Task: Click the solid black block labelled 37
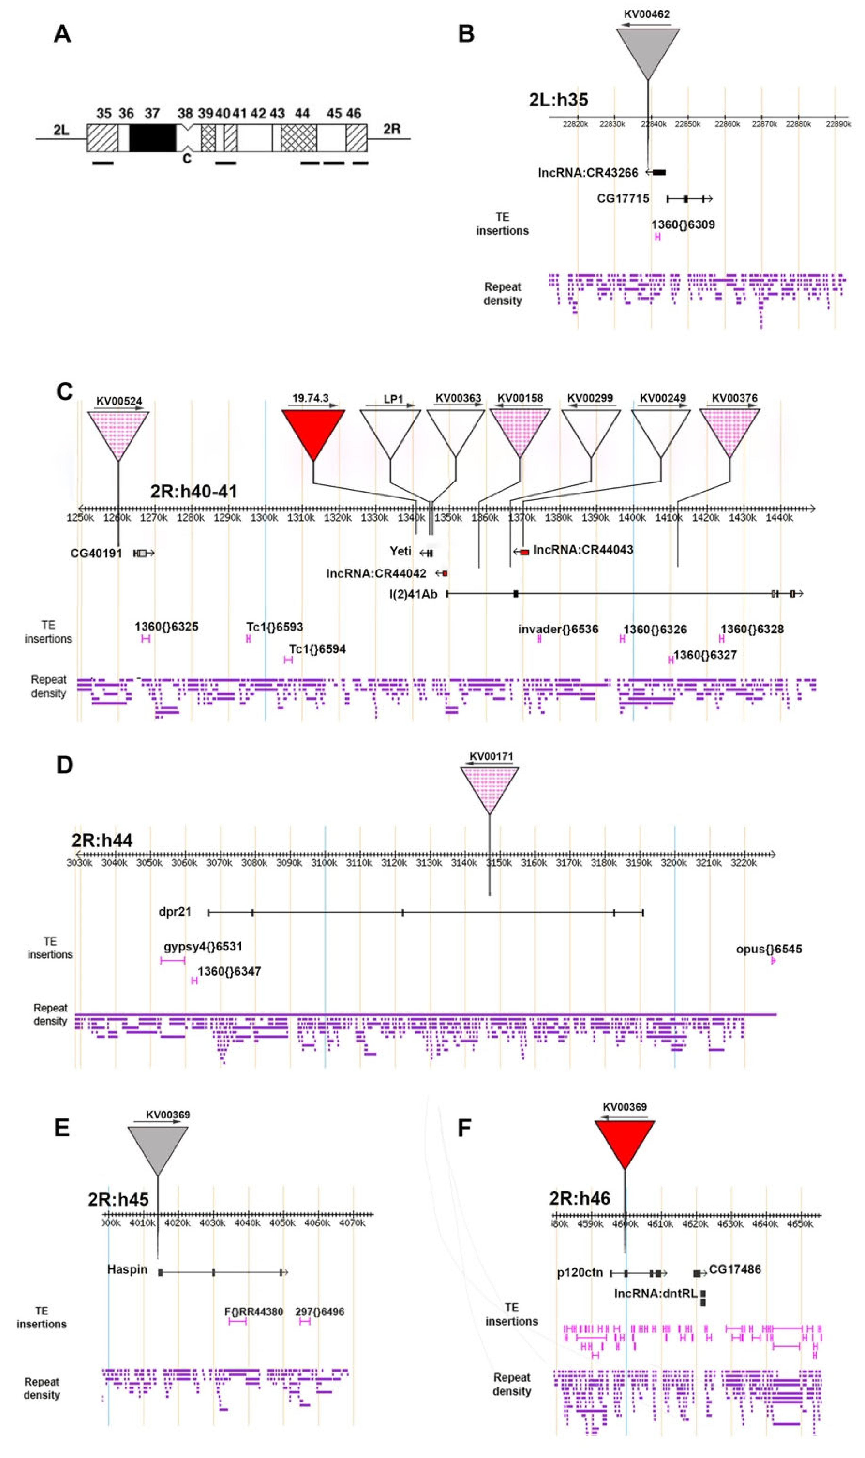152,138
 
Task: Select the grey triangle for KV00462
648,50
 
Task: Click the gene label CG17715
622,199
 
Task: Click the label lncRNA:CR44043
583,550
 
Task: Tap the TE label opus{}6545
768,949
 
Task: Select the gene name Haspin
127,1270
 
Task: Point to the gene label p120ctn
580,1273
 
